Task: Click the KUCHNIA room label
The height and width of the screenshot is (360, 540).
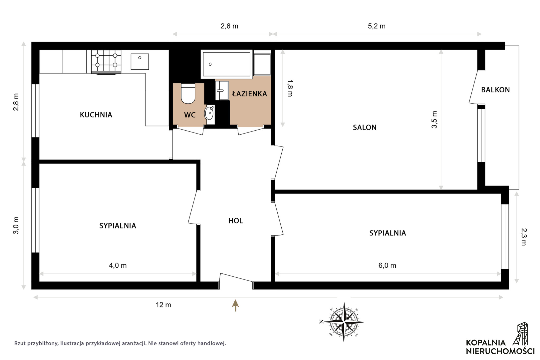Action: [96, 115]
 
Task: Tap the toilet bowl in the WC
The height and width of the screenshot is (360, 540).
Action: [188, 93]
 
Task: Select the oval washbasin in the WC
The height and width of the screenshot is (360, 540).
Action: [209, 113]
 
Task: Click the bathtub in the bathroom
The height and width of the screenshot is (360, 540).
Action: [226, 64]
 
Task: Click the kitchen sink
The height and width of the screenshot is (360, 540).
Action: [140, 61]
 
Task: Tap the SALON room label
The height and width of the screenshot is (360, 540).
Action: [364, 127]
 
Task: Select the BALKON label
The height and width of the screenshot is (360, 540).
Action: [495, 90]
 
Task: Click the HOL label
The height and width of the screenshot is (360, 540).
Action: [235, 221]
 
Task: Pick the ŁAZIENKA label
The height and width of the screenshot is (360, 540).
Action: [249, 93]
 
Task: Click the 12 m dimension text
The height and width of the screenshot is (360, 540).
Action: [163, 305]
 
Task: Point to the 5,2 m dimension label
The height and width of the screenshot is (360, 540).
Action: [377, 26]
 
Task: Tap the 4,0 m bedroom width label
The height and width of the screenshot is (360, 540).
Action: [118, 266]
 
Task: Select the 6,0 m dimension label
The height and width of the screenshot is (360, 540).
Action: [387, 266]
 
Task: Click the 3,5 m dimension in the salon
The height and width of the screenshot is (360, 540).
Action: [434, 120]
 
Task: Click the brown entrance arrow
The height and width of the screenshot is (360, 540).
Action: [235, 305]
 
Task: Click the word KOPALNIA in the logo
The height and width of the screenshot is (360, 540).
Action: [486, 343]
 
